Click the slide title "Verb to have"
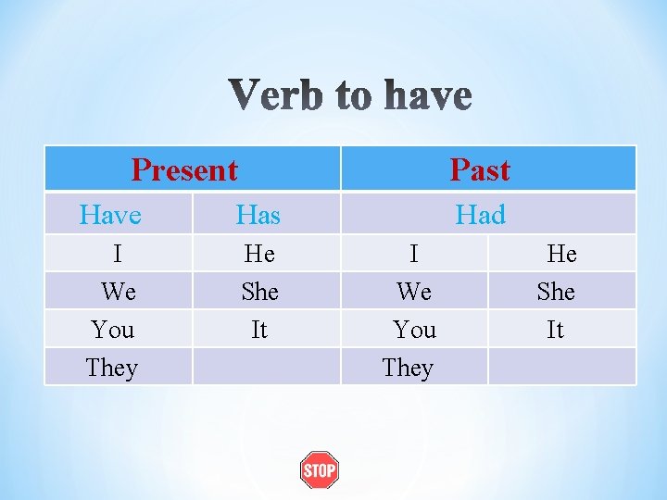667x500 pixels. coord(350,96)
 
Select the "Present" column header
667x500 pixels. coord(184,169)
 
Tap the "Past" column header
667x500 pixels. coord(480,169)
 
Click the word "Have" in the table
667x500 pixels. coord(110,216)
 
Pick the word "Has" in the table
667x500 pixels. coord(258,216)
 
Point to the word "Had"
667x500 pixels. coord(480,215)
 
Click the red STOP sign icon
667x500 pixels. coord(320,470)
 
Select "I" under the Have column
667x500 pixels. coord(118,254)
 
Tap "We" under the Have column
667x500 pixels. coord(119,292)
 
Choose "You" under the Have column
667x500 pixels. coord(113,330)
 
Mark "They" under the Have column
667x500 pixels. coord(111,368)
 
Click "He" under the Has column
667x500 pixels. coord(259,254)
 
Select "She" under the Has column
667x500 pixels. coord(259,292)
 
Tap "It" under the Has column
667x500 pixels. coord(259,330)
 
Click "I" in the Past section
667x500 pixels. coord(414,254)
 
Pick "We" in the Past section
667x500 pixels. coord(414,292)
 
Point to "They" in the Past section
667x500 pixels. coord(408,368)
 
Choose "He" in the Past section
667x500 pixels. coord(561,254)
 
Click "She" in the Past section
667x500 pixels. coord(556,292)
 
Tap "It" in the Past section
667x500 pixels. coord(555,330)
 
